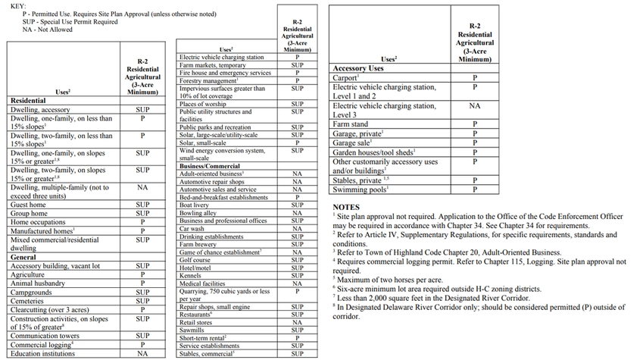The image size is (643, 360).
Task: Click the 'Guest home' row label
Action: (x=28, y=205)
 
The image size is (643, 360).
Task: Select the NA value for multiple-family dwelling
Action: (x=142, y=187)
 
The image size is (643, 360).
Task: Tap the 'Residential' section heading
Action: (x=28, y=100)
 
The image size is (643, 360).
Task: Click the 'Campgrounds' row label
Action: (x=31, y=292)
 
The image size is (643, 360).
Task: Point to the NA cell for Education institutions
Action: (x=142, y=353)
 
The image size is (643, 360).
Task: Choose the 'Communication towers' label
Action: (x=45, y=336)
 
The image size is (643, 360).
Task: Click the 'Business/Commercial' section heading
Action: (x=209, y=165)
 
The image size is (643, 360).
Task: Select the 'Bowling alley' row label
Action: (x=198, y=213)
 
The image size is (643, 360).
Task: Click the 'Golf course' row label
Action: (x=196, y=260)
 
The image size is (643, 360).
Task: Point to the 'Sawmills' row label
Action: (x=192, y=330)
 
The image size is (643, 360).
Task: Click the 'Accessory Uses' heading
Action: (x=358, y=68)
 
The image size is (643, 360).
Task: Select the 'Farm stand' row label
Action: (x=351, y=124)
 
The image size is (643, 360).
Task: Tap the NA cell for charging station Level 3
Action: (x=475, y=106)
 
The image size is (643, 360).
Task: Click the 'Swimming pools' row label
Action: (x=359, y=189)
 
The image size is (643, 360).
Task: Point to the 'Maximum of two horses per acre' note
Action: (x=390, y=279)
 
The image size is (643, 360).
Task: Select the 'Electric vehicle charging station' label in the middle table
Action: (x=221, y=57)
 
